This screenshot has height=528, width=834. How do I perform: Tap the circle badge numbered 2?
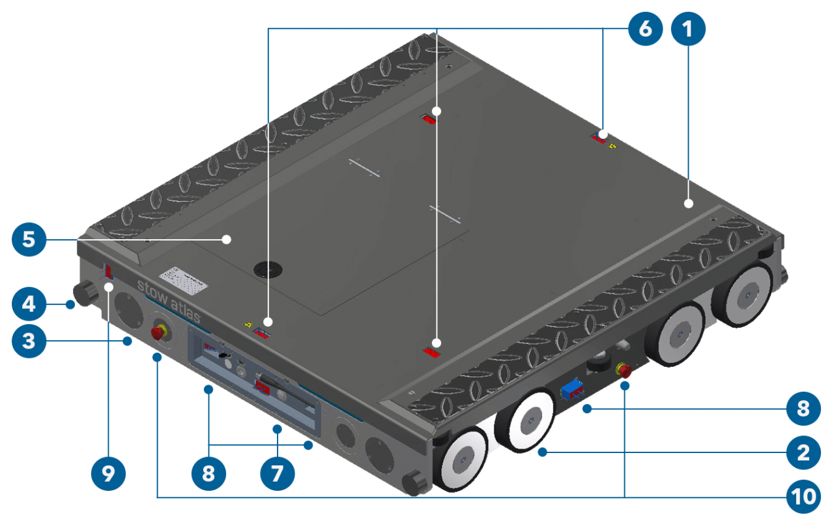[x=803, y=452]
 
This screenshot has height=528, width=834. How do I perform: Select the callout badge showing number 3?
[x=29, y=340]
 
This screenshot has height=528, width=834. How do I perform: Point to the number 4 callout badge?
[x=29, y=303]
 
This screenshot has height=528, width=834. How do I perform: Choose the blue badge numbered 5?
[x=29, y=239]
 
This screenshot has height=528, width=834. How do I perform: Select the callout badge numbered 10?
[x=803, y=497]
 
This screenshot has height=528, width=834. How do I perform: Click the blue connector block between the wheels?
[x=571, y=389]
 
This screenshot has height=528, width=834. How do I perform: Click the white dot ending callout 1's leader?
[x=689, y=204]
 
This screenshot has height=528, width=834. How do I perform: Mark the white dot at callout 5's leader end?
[x=226, y=239]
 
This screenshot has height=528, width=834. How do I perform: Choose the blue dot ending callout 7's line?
[x=278, y=429]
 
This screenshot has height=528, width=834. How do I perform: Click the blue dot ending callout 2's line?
[x=542, y=452]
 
